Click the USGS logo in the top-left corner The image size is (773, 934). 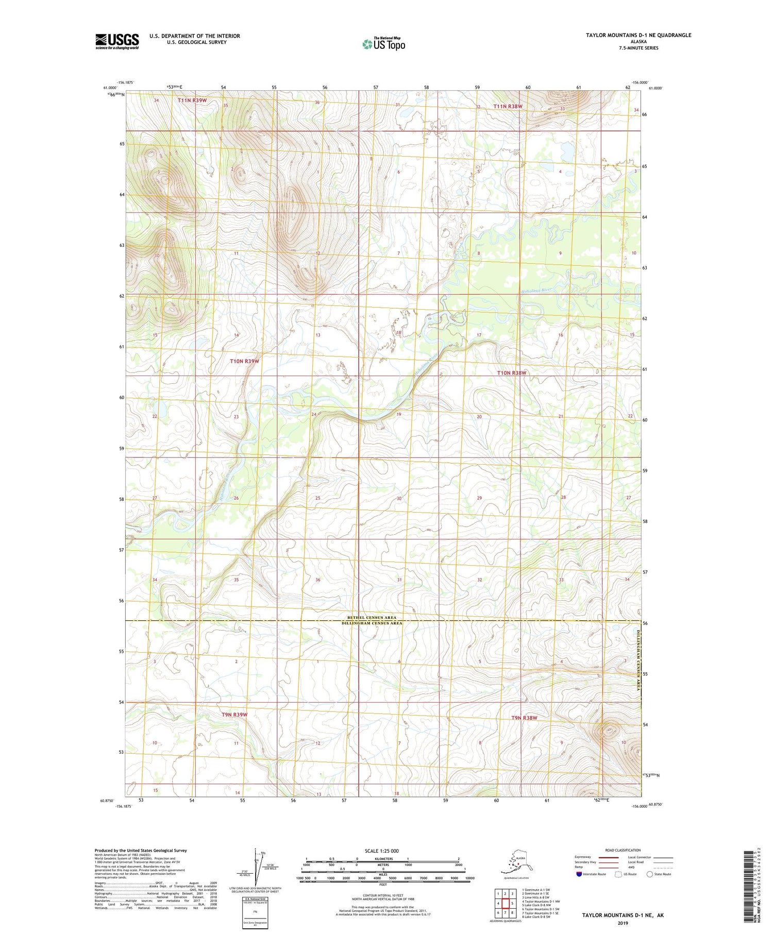117,41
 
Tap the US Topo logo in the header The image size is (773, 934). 384,44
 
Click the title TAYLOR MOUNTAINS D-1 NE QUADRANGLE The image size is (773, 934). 638,35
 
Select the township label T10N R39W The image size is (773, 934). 244,362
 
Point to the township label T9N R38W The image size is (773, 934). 524,718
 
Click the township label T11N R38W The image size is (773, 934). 508,107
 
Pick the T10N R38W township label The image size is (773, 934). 511,372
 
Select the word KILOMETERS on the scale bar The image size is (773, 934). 383,859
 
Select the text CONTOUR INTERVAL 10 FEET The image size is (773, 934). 382,896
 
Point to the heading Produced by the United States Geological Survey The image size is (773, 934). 140,851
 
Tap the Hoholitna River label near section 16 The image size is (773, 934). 536,290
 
